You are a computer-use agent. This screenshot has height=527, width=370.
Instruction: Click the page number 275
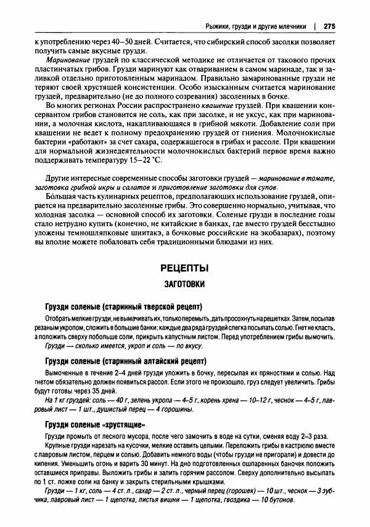tap(327, 26)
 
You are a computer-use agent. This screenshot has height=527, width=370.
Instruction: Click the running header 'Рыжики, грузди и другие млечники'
tap(257, 26)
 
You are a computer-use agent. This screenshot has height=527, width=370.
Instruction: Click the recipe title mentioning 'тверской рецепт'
tap(124, 306)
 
